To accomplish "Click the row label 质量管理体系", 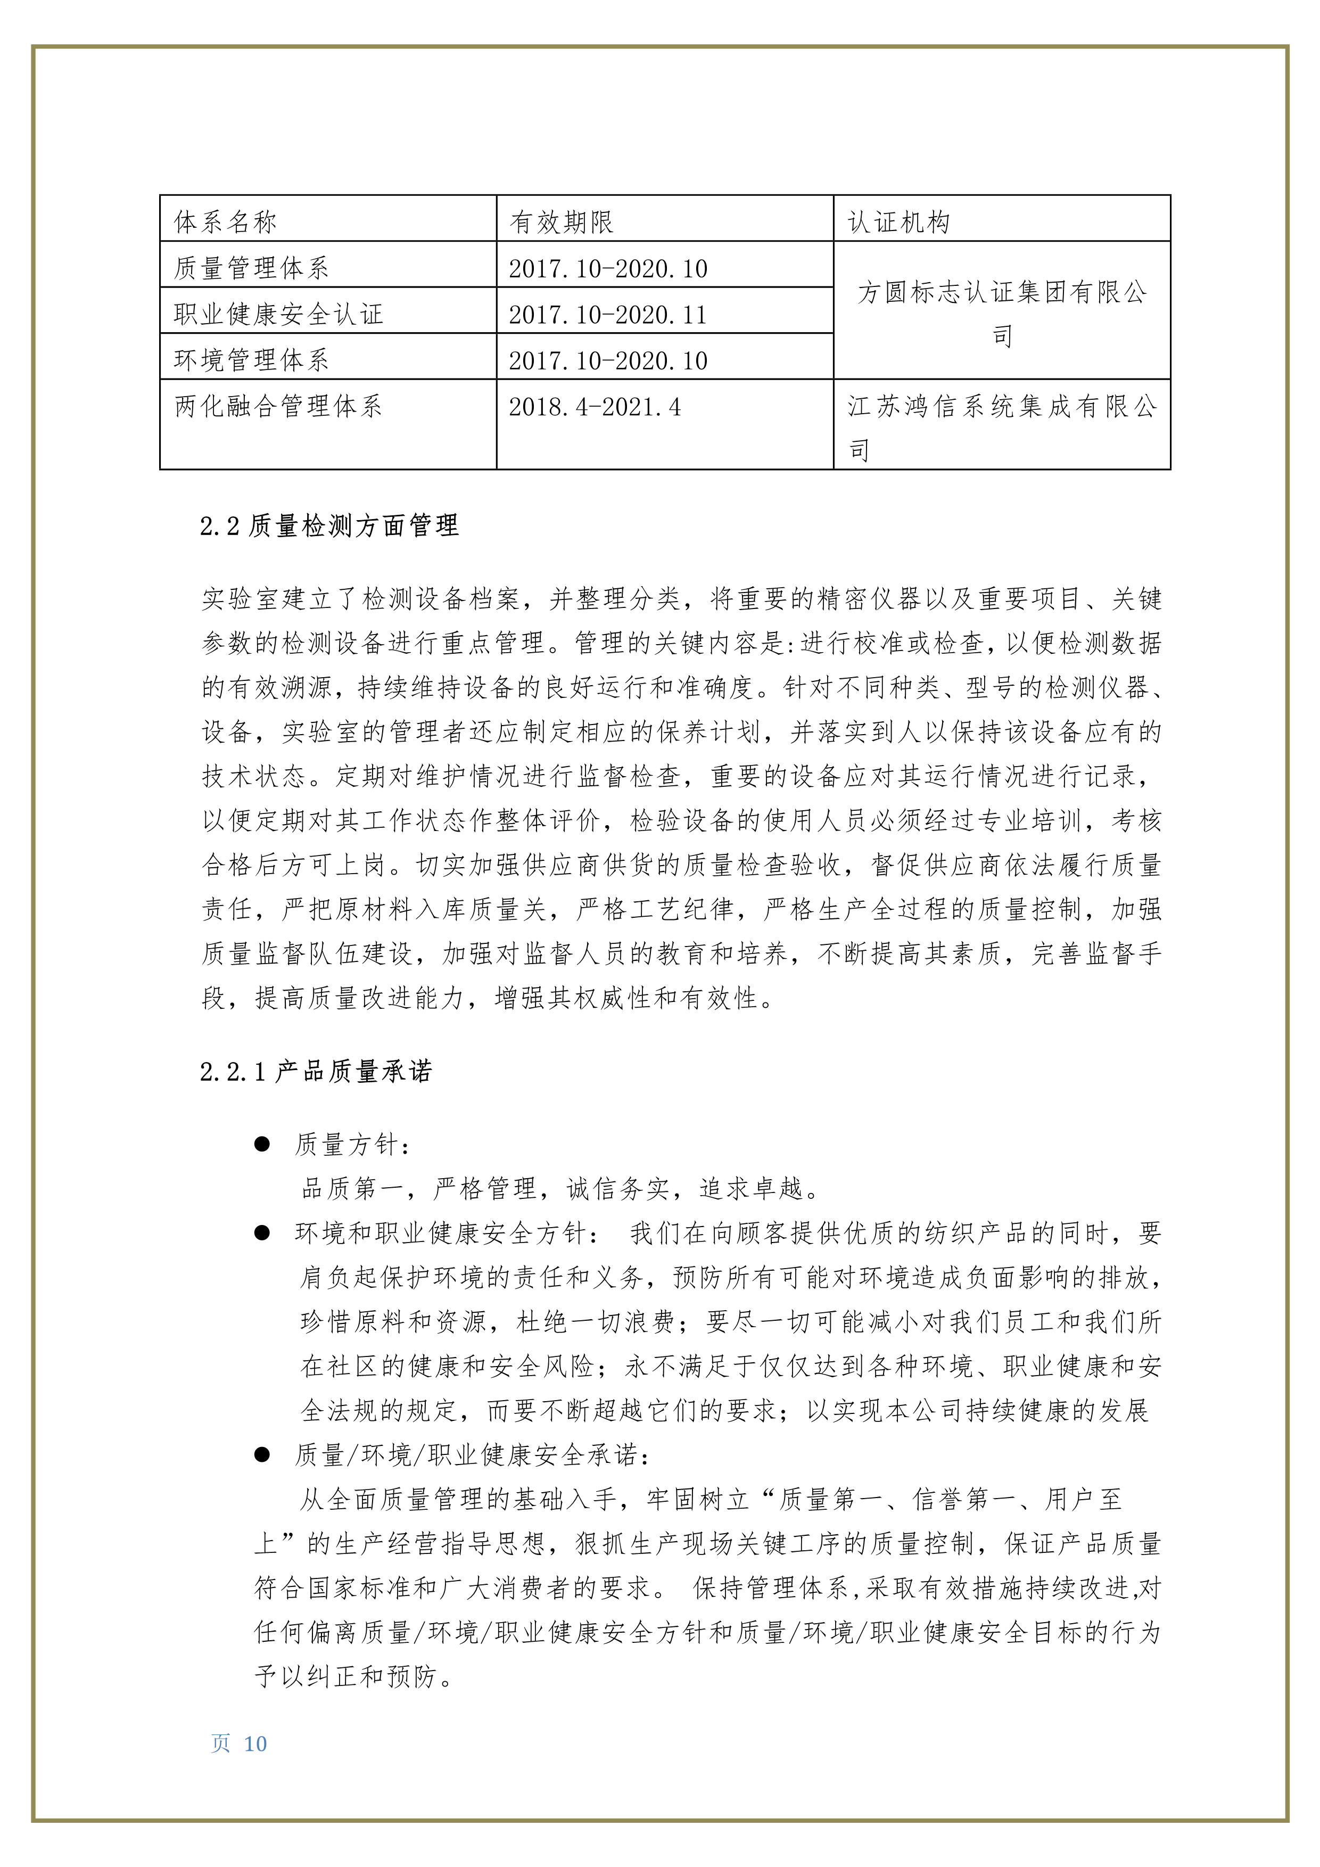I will pos(251,268).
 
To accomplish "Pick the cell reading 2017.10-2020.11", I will pos(608,314).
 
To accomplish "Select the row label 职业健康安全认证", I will pos(278,314).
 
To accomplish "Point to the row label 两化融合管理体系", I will pos(278,406).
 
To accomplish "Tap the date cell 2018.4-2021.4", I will pos(595,406).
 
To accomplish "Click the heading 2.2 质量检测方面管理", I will pos(329,526).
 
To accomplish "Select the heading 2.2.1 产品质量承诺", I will pos(316,1072).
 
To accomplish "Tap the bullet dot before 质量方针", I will pos(262,1144).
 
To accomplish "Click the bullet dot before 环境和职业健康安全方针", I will pos(262,1233).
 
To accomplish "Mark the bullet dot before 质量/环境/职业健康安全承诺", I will pos(262,1455).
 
